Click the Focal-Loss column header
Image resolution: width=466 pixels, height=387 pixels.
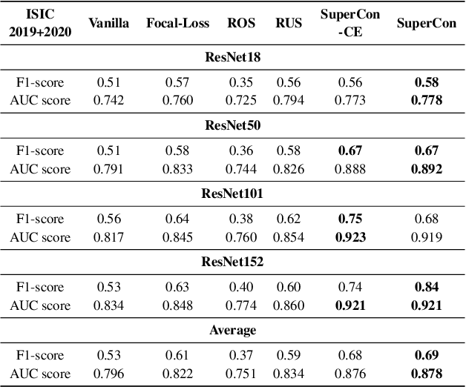(x=171, y=23)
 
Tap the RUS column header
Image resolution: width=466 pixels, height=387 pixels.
(x=288, y=23)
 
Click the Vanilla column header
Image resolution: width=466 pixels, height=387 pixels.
(x=108, y=23)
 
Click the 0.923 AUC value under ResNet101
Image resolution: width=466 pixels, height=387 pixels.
(x=350, y=237)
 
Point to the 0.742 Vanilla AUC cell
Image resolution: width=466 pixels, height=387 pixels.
(x=108, y=100)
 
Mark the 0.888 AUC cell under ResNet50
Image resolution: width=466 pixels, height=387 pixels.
(x=350, y=169)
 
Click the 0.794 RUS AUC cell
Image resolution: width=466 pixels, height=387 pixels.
(x=288, y=100)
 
